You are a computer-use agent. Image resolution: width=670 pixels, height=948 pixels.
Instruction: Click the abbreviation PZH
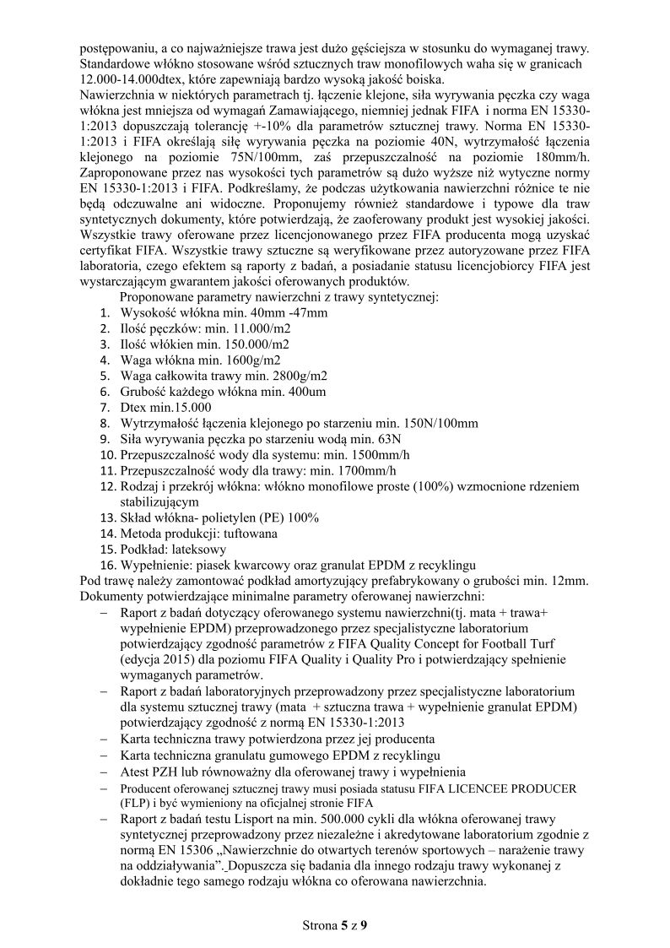(167, 772)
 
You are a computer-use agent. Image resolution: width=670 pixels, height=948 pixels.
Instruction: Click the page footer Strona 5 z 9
(335, 925)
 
